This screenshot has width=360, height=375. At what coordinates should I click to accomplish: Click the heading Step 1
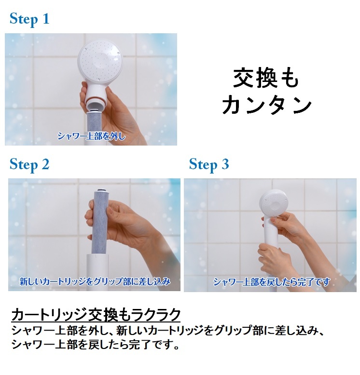pyautogui.click(x=29, y=19)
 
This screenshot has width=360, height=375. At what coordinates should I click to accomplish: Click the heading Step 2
pyautogui.click(x=29, y=164)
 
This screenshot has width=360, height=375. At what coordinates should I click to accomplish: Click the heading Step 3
pyautogui.click(x=208, y=164)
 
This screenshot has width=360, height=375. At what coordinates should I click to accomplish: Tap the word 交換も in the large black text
pyautogui.click(x=266, y=78)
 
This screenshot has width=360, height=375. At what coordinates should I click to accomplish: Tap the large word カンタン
pyautogui.click(x=267, y=105)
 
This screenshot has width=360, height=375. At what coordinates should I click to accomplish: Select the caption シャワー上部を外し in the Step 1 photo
pyautogui.click(x=91, y=136)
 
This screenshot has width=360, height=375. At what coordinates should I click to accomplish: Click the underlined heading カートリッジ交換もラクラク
pyautogui.click(x=96, y=315)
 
